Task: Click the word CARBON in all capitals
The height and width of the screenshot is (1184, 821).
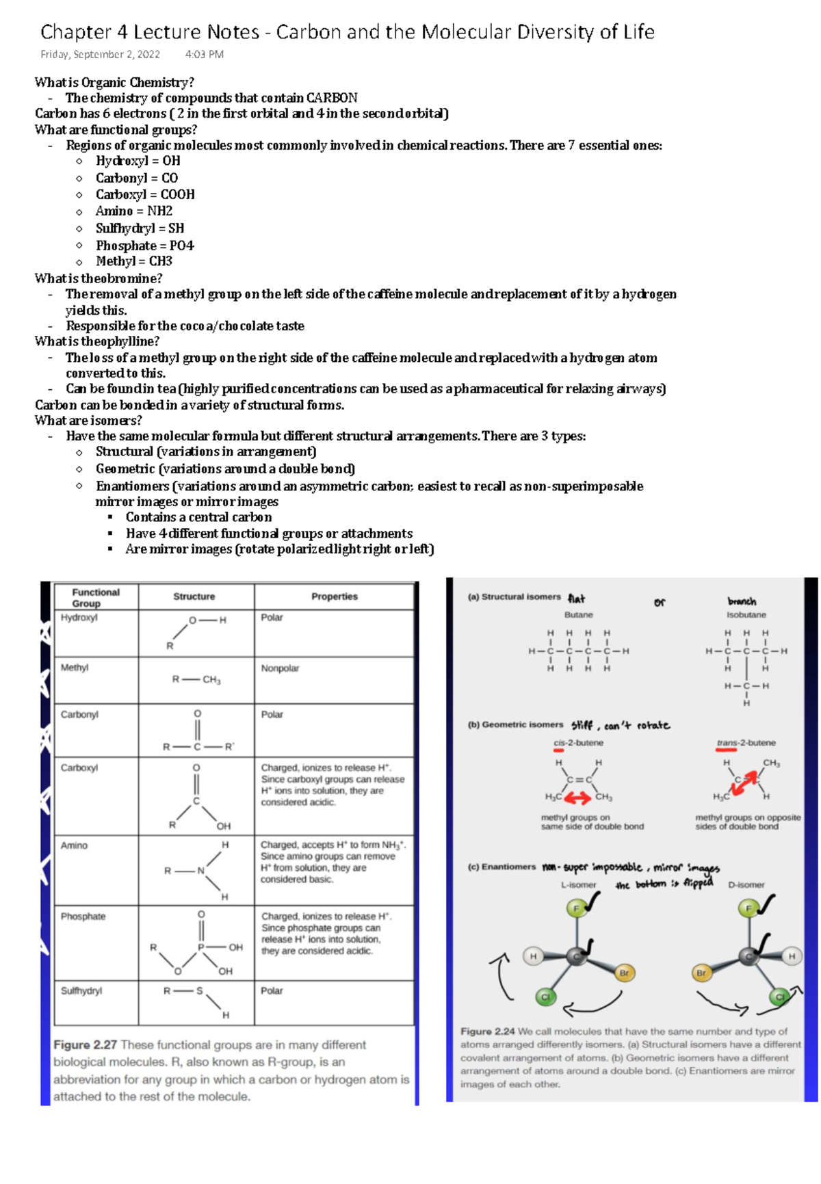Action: click(332, 98)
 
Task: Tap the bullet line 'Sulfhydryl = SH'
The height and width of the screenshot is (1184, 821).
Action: click(140, 228)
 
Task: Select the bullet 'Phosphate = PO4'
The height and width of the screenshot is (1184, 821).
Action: click(144, 246)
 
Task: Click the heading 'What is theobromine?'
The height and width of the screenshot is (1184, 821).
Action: click(99, 278)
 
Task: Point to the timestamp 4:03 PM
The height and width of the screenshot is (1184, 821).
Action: click(204, 55)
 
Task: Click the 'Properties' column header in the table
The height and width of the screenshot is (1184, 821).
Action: click(335, 596)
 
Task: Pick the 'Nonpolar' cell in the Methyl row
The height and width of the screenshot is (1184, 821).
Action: click(280, 668)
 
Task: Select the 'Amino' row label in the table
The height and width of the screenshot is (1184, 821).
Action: click(74, 845)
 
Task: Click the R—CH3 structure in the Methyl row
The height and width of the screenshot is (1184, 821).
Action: click(196, 680)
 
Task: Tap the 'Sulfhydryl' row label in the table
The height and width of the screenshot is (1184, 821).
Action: click(81, 990)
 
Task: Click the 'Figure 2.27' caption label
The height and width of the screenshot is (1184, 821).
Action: click(85, 1045)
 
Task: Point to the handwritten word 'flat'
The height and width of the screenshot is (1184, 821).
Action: click(577, 598)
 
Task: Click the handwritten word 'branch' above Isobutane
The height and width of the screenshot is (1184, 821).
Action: click(742, 601)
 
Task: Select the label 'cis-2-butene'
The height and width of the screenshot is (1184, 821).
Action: click(578, 743)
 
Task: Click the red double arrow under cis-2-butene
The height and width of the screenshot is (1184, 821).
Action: click(577, 798)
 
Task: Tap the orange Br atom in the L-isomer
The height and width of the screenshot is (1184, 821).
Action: click(624, 973)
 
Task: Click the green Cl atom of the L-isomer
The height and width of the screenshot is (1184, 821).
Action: click(545, 997)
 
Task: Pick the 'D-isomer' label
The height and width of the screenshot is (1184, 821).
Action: click(746, 885)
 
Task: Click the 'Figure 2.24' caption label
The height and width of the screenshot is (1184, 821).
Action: click(487, 1031)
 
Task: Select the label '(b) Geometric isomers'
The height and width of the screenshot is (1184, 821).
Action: click(515, 725)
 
